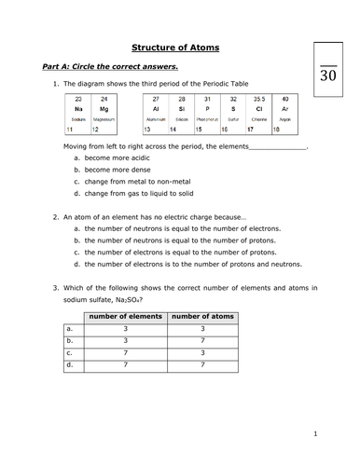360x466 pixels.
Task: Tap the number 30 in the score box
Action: pos(328,77)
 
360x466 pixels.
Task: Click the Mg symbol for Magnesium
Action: pos(104,108)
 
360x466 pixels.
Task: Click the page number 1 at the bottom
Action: pos(316,433)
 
